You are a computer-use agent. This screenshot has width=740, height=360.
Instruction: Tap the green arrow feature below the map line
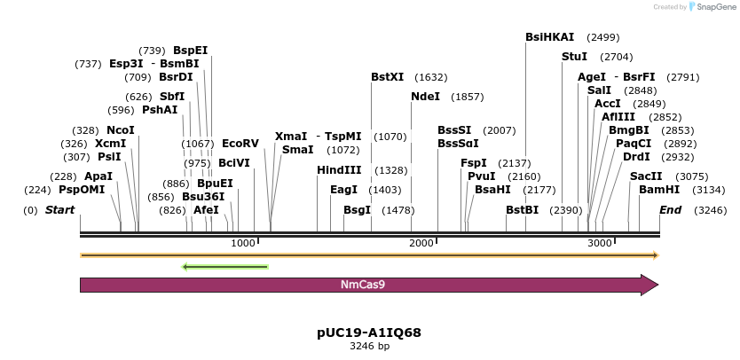224,266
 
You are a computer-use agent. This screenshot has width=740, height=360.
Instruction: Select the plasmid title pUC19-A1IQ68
369,333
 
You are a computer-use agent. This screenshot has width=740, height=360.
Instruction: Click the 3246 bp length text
369,346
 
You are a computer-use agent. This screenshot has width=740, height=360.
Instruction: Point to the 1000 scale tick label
242,243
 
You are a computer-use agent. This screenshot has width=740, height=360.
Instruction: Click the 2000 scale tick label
422,243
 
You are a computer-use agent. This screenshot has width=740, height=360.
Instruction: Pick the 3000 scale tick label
601,243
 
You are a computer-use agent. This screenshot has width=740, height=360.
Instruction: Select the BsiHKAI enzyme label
550,37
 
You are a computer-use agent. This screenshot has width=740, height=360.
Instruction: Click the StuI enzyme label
575,57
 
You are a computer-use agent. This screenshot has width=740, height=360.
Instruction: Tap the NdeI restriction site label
426,96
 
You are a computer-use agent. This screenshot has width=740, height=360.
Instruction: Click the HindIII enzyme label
340,170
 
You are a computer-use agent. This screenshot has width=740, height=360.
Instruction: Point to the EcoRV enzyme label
240,143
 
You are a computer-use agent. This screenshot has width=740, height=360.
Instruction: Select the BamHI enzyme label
659,190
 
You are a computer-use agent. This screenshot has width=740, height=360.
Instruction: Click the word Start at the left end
59,210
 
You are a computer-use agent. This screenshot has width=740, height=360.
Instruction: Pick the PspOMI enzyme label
82,190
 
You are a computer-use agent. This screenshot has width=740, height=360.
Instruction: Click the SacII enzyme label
646,176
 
